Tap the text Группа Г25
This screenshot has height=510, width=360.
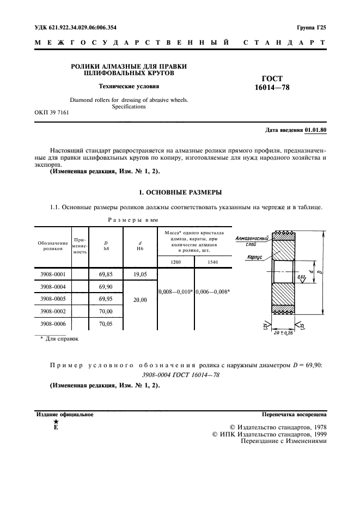pyautogui.click(x=311, y=27)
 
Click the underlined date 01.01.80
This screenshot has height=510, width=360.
pyautogui.click(x=316, y=131)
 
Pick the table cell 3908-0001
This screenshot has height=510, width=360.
pyautogui.click(x=53, y=275)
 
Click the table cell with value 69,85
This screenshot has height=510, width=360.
pyautogui.click(x=106, y=275)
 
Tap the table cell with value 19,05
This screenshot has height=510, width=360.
pyautogui.click(x=141, y=275)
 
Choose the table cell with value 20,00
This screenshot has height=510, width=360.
pyautogui.click(x=141, y=299)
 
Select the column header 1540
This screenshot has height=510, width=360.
pyautogui.click(x=213, y=262)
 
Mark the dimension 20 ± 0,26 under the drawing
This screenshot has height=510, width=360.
pyautogui.click(x=283, y=333)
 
